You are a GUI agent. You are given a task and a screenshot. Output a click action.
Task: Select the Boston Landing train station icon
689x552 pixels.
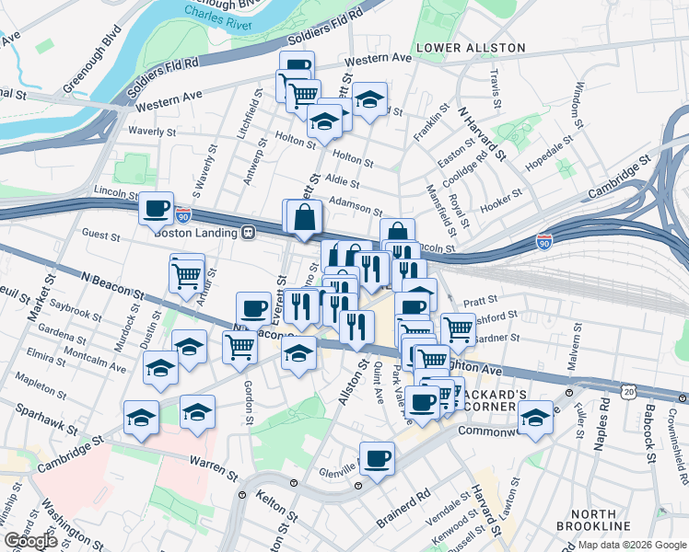click(248, 233)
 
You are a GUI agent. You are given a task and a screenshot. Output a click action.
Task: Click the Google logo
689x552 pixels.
click(30, 541)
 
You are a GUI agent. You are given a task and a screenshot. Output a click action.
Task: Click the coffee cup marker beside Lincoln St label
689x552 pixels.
click(157, 207)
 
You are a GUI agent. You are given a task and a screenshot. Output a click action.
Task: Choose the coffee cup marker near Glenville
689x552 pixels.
click(377, 457)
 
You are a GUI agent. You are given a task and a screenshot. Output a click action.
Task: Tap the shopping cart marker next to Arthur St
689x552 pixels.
click(187, 273)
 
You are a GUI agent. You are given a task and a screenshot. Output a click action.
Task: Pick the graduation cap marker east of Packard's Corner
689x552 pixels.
click(535, 416)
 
